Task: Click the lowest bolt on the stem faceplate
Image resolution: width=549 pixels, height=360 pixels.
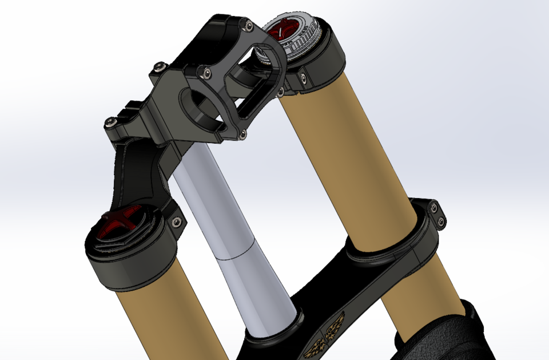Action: pyautogui.click(x=244, y=134)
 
